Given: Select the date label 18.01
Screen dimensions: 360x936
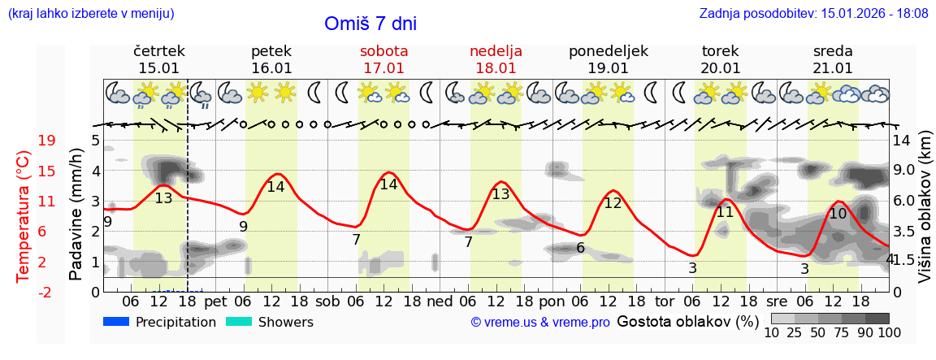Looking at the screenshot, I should click(496, 68).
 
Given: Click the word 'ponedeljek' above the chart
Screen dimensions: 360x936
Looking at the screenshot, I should click(608, 51).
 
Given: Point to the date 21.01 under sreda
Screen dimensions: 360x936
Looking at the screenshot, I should click(833, 68).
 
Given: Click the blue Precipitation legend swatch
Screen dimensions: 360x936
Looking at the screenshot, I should click(117, 322).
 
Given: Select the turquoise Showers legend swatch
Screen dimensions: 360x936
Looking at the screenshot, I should click(240, 322).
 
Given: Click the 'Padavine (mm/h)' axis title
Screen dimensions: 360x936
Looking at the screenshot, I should click(76, 215).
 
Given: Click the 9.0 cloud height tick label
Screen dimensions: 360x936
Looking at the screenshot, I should click(904, 171).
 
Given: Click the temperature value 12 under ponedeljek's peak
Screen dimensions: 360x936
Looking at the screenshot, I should click(613, 203).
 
